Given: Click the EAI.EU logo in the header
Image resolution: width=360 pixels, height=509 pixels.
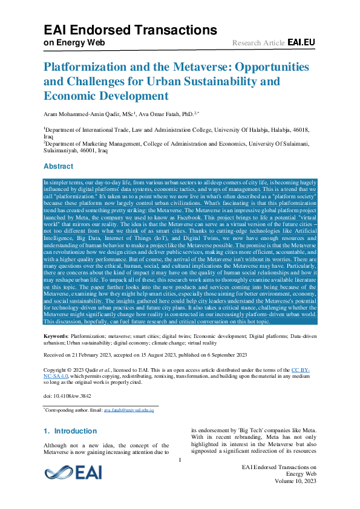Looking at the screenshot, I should (301, 42).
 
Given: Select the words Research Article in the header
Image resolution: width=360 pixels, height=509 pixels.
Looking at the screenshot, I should (258, 43).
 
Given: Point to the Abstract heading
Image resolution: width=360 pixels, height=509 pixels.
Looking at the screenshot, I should (59, 166).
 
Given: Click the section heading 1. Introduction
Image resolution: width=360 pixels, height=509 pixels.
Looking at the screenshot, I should (70, 431).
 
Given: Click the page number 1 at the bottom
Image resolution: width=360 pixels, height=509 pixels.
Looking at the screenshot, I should (180, 460).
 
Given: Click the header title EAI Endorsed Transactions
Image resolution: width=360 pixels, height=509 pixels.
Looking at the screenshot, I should (130, 30).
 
